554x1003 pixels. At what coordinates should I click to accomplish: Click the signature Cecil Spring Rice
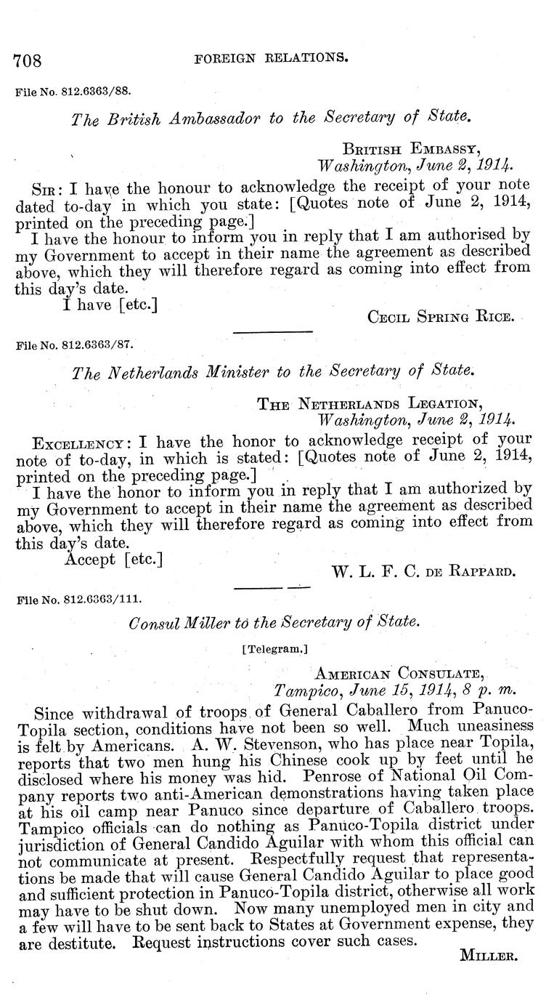tap(441, 317)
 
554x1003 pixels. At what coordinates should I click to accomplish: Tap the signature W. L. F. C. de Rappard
tap(423, 571)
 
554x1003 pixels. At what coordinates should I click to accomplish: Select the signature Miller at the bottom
tap(488, 957)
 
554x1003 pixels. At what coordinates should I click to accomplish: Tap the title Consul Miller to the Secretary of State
tap(273, 622)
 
